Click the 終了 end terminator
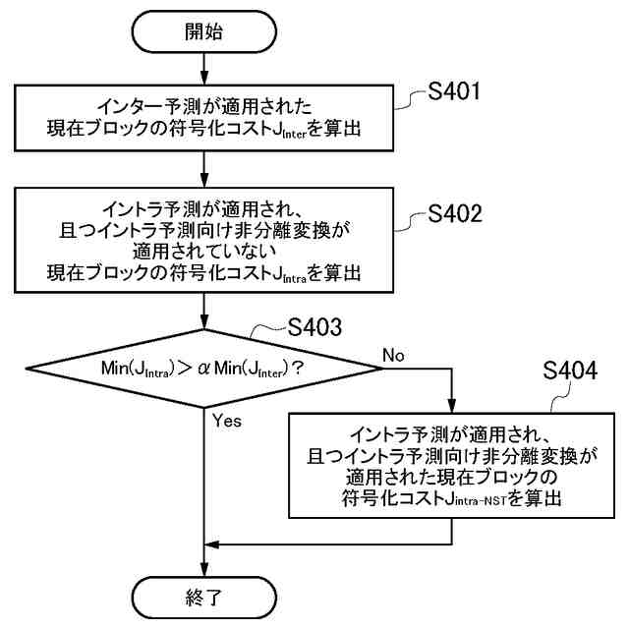coord(202,597)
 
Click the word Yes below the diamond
coord(226,421)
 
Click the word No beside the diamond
coord(393,353)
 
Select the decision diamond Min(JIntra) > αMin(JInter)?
coord(202,368)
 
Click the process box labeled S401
coord(202,117)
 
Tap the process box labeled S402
coord(202,242)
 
